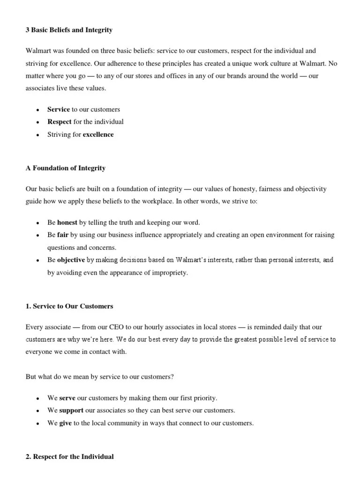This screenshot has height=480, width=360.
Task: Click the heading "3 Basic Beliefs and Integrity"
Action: (x=69, y=30)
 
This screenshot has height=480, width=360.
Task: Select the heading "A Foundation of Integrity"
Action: (x=65, y=168)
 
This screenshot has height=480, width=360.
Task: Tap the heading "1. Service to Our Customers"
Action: (x=69, y=307)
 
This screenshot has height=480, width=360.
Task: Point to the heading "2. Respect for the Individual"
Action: (x=70, y=456)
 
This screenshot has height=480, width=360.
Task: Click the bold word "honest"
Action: (x=67, y=223)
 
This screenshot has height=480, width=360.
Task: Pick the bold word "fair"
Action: (x=63, y=235)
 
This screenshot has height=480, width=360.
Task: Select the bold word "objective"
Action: (x=71, y=260)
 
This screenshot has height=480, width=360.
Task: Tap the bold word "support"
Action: (x=71, y=411)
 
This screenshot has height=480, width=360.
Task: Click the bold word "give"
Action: (x=66, y=423)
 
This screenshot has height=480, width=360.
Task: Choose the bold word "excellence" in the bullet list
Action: (x=98, y=135)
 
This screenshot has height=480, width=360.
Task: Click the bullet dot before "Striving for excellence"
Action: (x=37, y=135)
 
